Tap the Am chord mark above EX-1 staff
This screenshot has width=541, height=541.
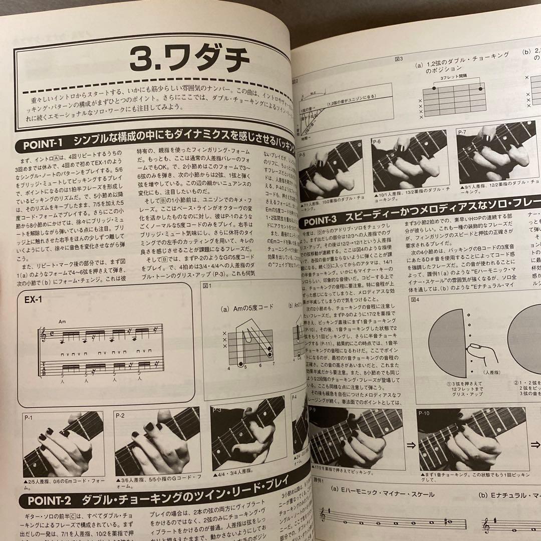62,322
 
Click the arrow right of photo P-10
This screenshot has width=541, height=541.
535,444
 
